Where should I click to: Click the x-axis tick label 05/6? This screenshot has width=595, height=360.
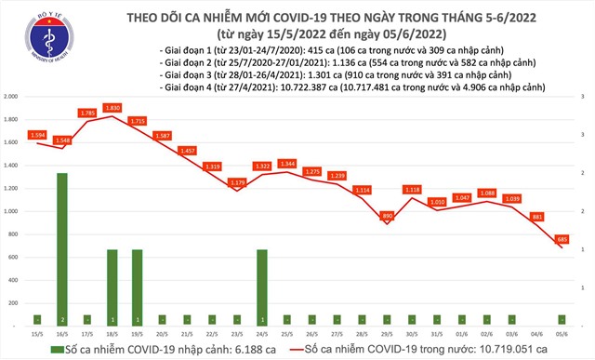pyautogui.click(x=562, y=332)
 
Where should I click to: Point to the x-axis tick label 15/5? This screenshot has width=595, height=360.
pyautogui.click(x=36, y=332)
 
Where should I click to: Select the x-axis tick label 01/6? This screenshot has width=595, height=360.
pyautogui.click(x=462, y=332)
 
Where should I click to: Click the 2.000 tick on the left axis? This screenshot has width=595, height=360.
pyautogui.click(x=12, y=97)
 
